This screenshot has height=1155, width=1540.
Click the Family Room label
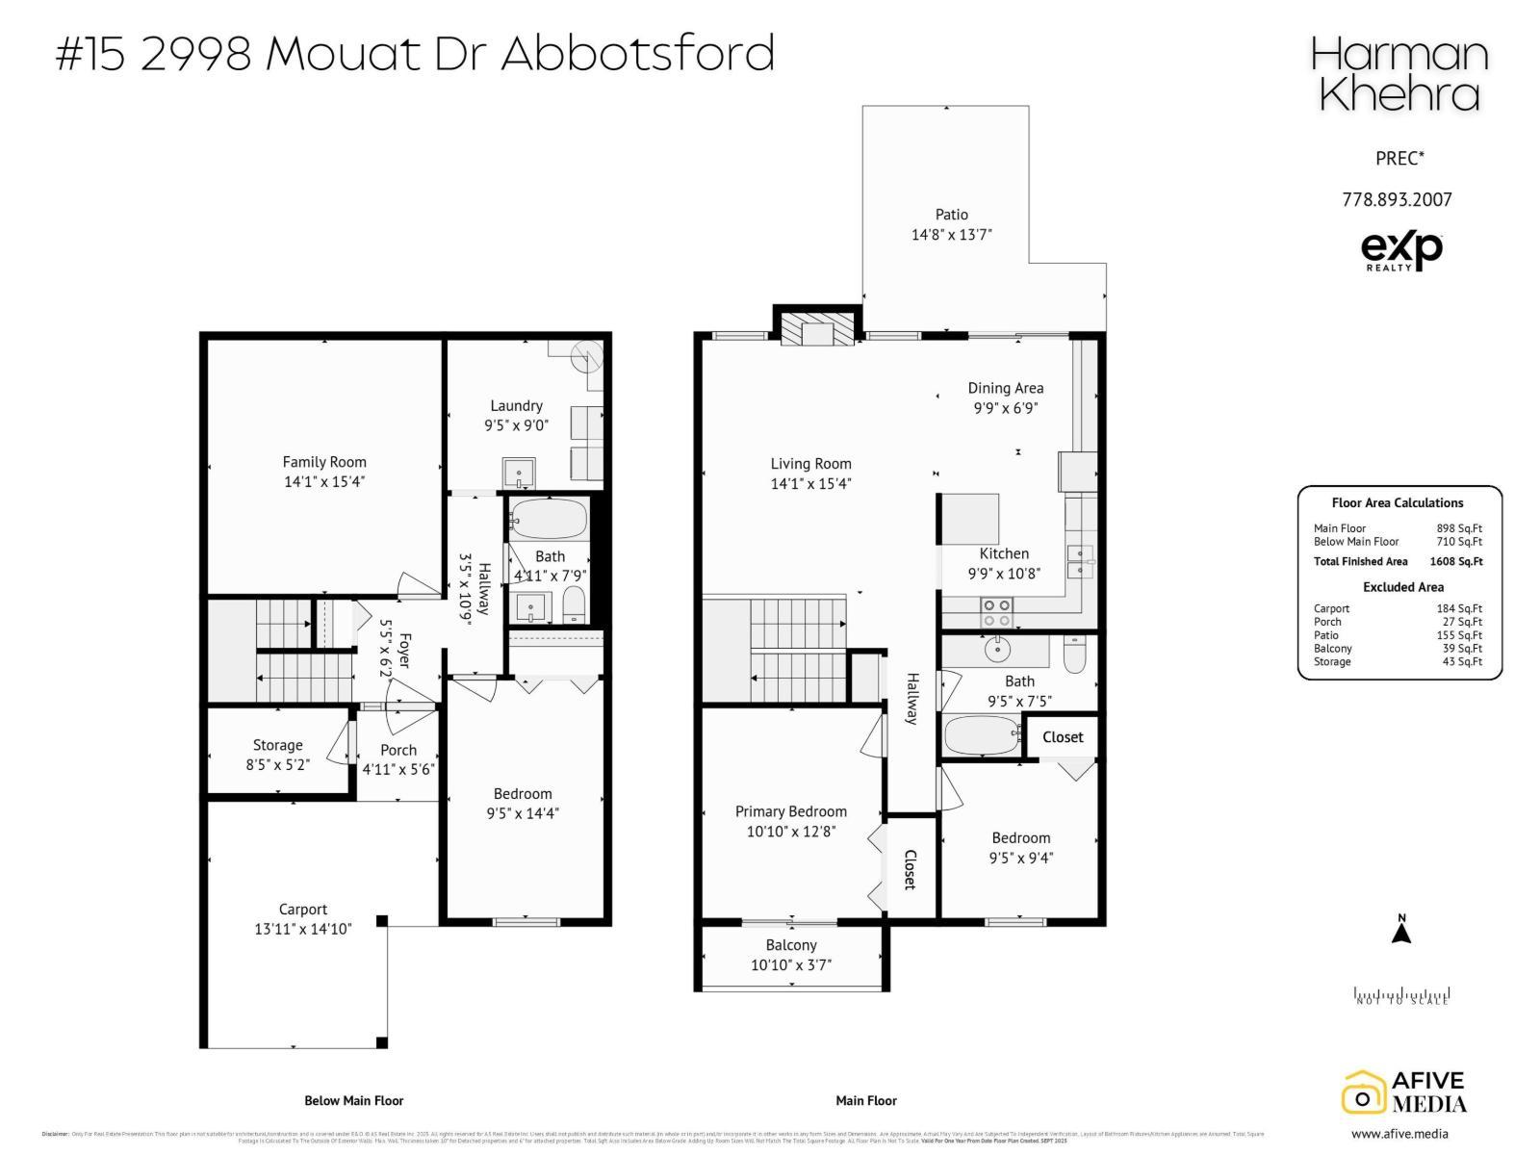[324, 462]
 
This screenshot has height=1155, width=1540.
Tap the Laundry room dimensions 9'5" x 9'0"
[516, 425]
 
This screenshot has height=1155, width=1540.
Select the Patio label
[951, 215]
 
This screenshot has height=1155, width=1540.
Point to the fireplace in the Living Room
[816, 330]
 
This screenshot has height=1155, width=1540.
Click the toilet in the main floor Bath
[1075, 655]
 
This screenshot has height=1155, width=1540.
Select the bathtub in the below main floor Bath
[548, 520]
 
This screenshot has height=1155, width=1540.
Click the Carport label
[303, 909]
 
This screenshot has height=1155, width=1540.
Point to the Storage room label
[277, 745]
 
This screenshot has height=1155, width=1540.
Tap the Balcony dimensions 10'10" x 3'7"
[791, 965]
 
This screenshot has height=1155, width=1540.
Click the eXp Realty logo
[1401, 250]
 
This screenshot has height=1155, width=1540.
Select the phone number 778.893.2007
[1397, 200]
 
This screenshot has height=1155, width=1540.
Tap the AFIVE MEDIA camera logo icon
[1363, 1093]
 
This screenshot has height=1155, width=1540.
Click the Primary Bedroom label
[791, 811]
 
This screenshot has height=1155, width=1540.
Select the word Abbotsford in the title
[637, 53]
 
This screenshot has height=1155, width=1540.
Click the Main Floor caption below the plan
[866, 1100]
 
